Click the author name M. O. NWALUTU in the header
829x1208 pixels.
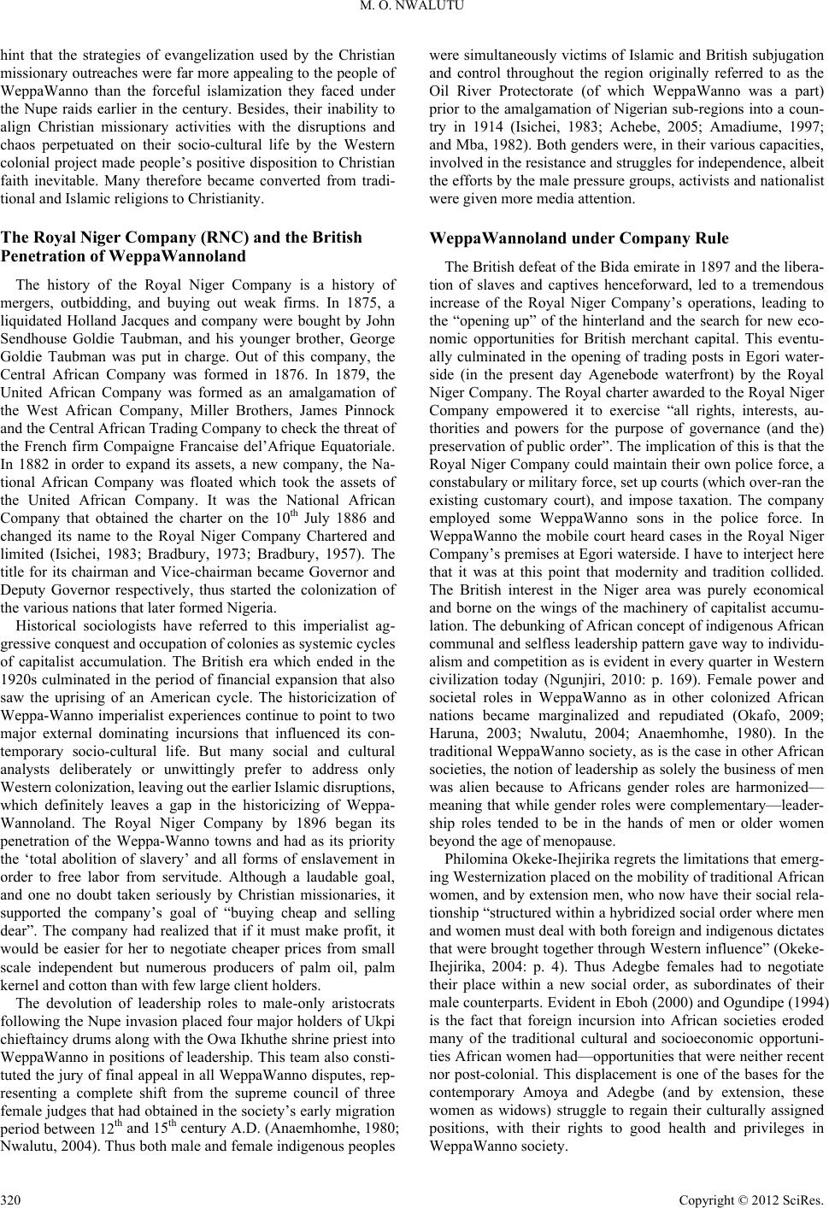(414, 10)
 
